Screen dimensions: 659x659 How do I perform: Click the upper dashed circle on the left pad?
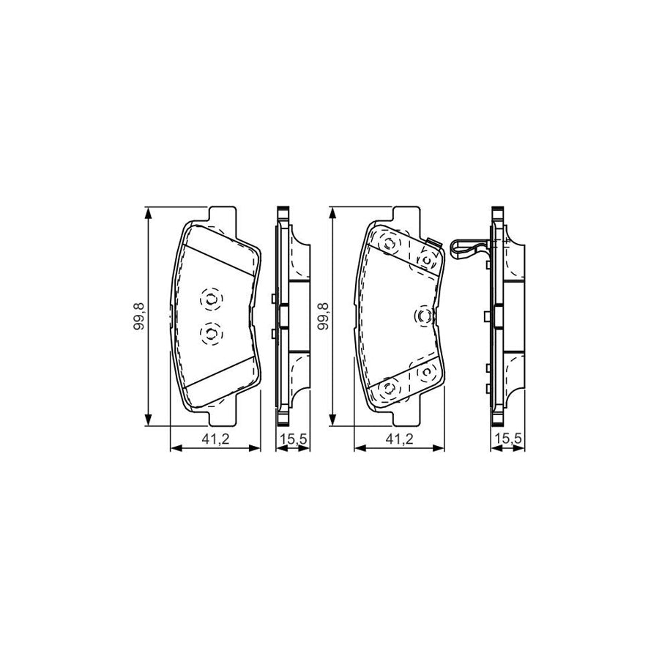pyautogui.click(x=210, y=299)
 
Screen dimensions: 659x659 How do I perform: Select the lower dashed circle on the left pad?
pyautogui.click(x=210, y=334)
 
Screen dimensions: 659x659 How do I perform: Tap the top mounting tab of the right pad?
pyautogui.click(x=406, y=215)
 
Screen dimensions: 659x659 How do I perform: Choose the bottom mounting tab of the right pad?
pyautogui.click(x=406, y=417)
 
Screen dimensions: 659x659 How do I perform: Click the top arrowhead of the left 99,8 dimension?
pyautogui.click(x=149, y=212)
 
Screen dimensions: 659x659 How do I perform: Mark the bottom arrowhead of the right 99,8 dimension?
pyautogui.click(x=333, y=421)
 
